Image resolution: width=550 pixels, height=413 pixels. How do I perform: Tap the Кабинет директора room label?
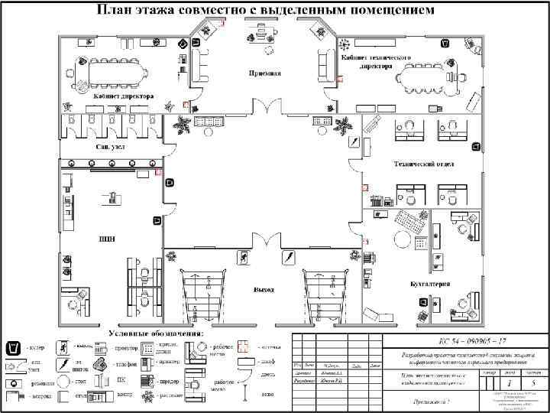pyautogui.click(x=124, y=97)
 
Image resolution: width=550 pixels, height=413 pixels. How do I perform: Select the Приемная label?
pyautogui.click(x=264, y=73)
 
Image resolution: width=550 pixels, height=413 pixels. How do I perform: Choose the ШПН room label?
pyautogui.click(x=106, y=239)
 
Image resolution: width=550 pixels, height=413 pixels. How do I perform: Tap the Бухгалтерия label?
pyautogui.click(x=429, y=284)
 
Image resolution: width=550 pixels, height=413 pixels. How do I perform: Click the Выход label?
pyautogui.click(x=264, y=290)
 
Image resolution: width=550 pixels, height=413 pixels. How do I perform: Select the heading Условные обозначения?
pyautogui.click(x=157, y=333)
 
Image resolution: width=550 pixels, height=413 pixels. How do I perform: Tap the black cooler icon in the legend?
pyautogui.click(x=13, y=349)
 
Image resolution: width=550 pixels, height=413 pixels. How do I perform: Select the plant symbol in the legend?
pyautogui.click(x=13, y=382)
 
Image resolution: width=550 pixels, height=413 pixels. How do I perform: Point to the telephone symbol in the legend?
pyautogui.click(x=101, y=366)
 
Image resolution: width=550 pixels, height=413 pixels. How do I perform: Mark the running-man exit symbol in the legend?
pyautogui.click(x=66, y=349)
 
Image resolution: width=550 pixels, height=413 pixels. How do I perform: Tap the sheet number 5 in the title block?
pyautogui.click(x=533, y=381)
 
